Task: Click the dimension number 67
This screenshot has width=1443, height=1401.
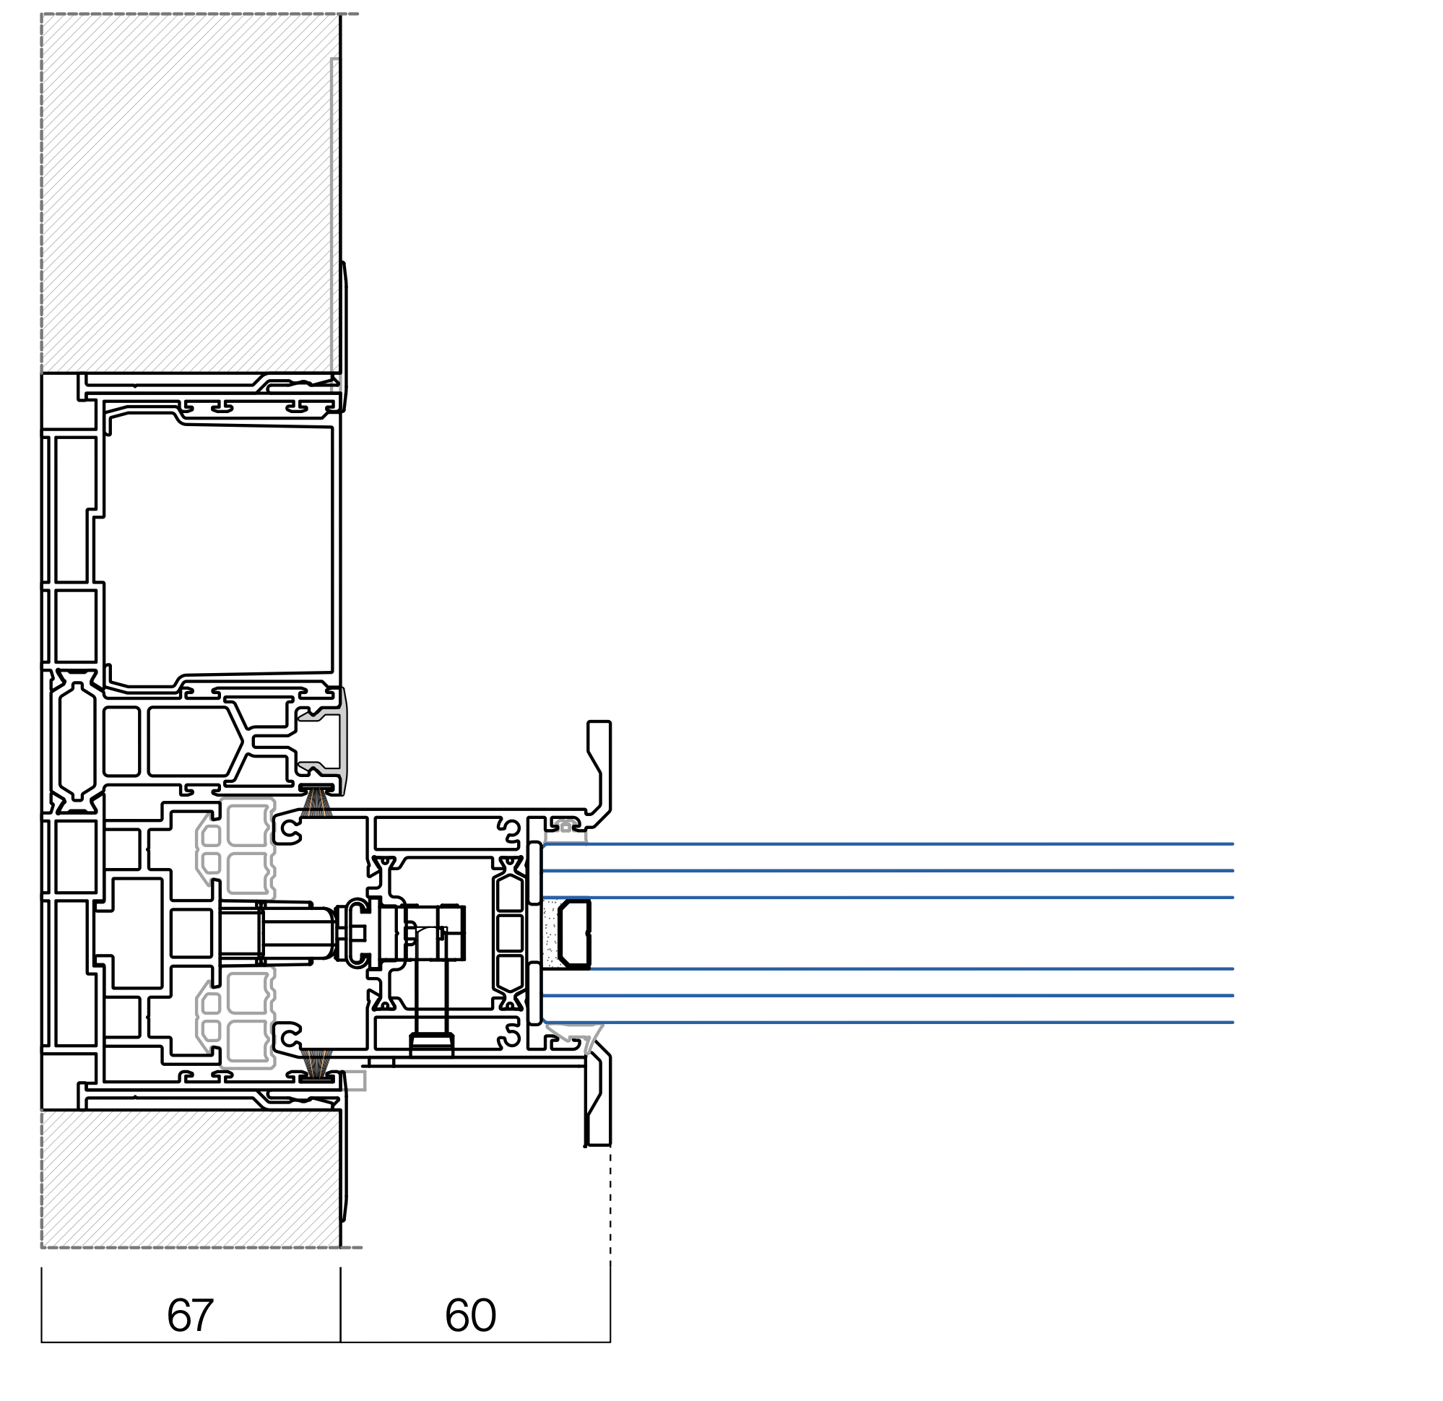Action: [x=190, y=1315]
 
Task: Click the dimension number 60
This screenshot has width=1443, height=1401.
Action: [x=470, y=1315]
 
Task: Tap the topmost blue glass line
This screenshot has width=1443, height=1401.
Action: [x=888, y=843]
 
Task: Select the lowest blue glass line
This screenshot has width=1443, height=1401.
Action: [x=888, y=1023]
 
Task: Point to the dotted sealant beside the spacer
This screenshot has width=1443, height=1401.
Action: [x=550, y=933]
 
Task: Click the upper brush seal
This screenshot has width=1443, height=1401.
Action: [x=316, y=802]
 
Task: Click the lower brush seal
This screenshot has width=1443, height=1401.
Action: [x=316, y=1065]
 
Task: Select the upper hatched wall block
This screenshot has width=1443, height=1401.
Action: [x=189, y=193]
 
